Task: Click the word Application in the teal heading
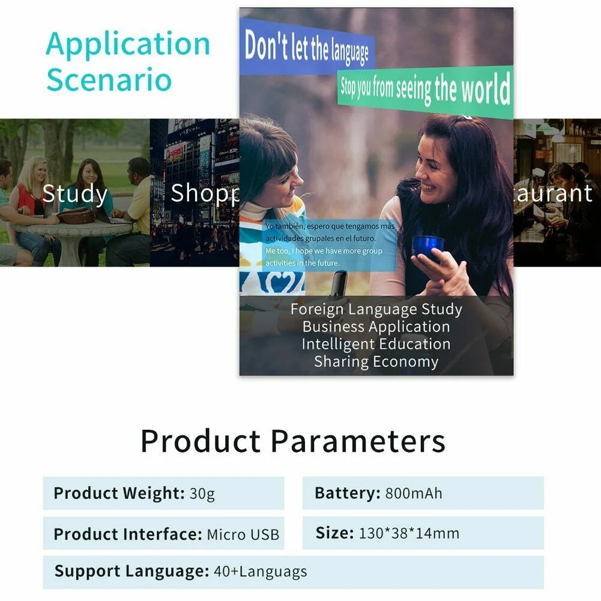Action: coord(128,44)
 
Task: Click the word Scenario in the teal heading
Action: coord(109,80)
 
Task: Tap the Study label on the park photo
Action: coord(75,194)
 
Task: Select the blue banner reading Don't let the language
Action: coord(306,47)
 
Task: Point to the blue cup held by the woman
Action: coord(427,246)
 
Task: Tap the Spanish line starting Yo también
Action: coord(330,227)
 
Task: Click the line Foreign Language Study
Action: coord(376,310)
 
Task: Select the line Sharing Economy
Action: coord(376,361)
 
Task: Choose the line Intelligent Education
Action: coord(376,344)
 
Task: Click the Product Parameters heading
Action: coord(292,441)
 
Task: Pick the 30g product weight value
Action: coord(202,494)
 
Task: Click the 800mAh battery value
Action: coord(414,494)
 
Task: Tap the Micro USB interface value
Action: coord(243,534)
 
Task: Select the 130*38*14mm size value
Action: coord(409,533)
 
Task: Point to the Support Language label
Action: coord(131,572)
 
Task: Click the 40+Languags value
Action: coord(260,572)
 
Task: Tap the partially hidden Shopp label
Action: coord(204,193)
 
